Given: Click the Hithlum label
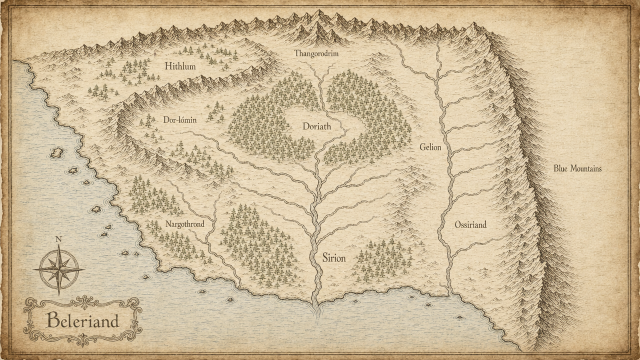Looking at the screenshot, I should tap(180, 66).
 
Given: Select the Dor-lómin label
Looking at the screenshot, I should tap(180, 120).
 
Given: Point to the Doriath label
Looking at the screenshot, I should tap(316, 126).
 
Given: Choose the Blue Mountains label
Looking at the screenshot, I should tap(577, 168).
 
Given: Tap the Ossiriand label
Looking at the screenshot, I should tap(470, 224).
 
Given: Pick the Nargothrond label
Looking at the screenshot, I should tap(184, 224).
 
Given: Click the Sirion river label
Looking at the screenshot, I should tap(333, 258).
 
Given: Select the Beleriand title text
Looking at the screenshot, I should tap(82, 320).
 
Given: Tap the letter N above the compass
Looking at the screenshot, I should tap(58, 239).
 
